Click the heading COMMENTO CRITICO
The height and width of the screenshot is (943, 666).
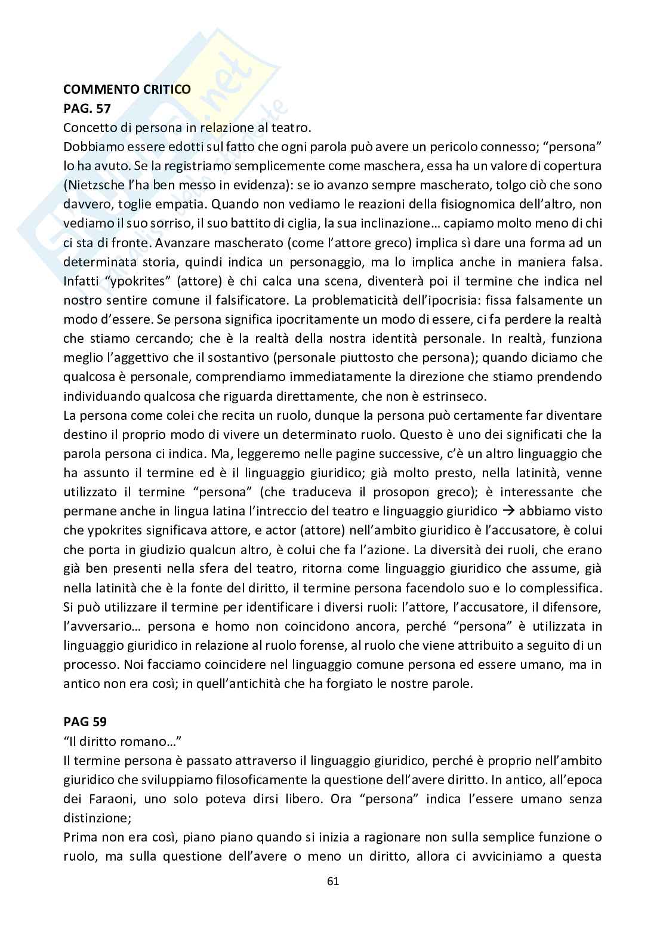pos(127,90)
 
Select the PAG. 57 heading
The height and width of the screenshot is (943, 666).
pos(87,109)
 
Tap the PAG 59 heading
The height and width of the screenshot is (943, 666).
pos(85,722)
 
